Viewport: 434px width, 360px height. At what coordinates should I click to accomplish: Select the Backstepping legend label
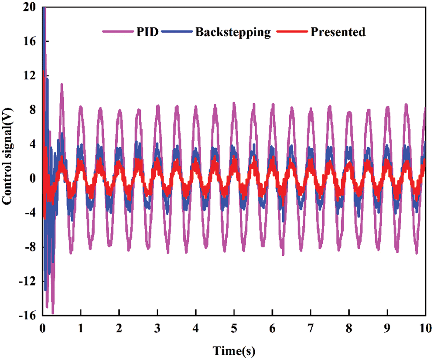point(233,32)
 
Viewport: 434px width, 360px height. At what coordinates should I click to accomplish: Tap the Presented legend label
point(338,32)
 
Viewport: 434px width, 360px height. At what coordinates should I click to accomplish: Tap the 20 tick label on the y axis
point(30,7)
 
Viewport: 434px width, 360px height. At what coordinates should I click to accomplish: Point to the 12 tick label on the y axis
point(30,76)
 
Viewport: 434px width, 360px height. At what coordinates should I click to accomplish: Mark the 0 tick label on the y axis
point(33,179)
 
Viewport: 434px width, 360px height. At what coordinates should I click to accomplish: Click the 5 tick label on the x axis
point(234,327)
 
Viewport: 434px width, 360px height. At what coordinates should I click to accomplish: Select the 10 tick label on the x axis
point(425,327)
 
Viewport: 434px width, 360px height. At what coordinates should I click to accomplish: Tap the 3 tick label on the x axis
point(157,327)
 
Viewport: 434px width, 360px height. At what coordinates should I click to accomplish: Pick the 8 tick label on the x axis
point(349,327)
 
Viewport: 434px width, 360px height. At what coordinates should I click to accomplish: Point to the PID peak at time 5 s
point(234,103)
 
